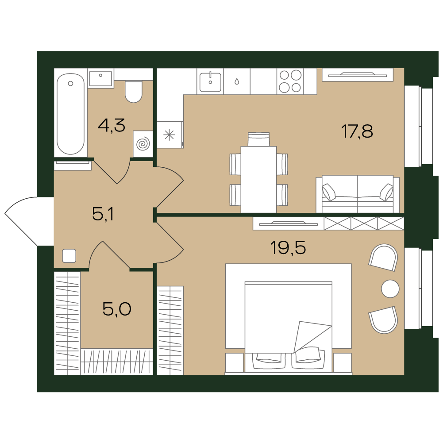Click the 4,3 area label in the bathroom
tap(112, 125)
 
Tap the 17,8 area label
tap(357, 131)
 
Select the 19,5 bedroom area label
tap(288, 248)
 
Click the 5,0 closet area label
tap(117, 309)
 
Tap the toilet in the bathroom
tap(133, 91)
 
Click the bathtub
tap(71, 114)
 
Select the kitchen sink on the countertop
tap(210, 82)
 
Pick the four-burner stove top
tap(290, 81)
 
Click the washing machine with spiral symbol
tap(143, 144)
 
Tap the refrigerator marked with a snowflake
tap(169, 135)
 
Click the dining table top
tap(258, 179)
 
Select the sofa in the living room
tap(358, 194)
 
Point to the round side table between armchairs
tap(390, 289)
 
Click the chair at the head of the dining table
tap(258, 139)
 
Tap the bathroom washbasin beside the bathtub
tap(100, 78)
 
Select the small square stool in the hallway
tap(69, 256)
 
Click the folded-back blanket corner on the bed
tap(312, 337)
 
